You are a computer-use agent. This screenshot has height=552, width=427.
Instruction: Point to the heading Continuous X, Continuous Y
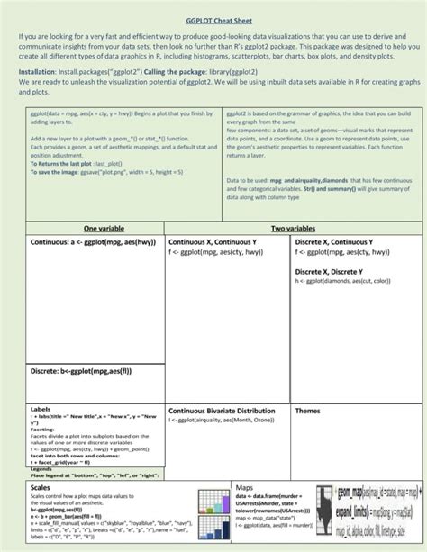pyautogui.click(x=213, y=243)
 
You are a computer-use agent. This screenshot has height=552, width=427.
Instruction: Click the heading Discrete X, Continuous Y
pyautogui.click(x=338, y=243)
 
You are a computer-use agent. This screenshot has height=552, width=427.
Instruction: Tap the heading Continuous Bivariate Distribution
pyautogui.click(x=222, y=411)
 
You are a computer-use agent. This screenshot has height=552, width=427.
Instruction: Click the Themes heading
pyautogui.click(x=308, y=411)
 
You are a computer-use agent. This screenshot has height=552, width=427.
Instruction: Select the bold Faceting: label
pyautogui.click(x=42, y=430)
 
